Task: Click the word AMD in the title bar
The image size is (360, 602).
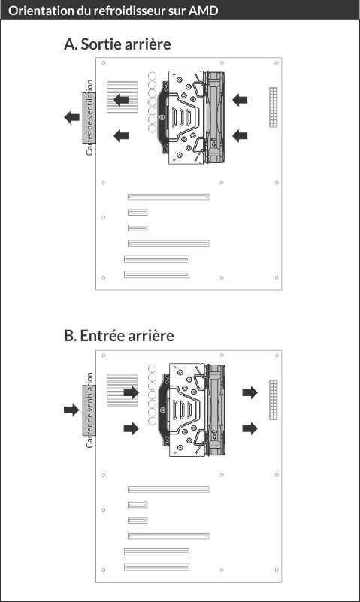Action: tap(203, 11)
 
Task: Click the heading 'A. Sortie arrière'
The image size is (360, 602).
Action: tap(117, 44)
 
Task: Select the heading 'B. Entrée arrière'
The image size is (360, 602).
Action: tap(119, 335)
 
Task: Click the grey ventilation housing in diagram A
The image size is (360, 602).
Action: tap(89, 117)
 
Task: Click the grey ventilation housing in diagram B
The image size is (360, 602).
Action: tap(89, 410)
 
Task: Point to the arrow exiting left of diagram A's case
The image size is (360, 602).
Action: tap(71, 117)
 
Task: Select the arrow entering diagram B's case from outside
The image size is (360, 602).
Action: tap(71, 410)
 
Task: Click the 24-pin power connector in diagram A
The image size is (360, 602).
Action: tap(273, 107)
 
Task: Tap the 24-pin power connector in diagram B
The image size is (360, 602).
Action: tap(273, 400)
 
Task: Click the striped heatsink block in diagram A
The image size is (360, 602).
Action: tap(122, 97)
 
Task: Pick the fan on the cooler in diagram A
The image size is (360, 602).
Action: tap(215, 117)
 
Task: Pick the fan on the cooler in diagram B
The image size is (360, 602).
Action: tap(215, 410)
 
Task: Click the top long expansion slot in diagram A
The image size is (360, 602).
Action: tap(168, 197)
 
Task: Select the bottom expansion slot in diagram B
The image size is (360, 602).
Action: tap(156, 567)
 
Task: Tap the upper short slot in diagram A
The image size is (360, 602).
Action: tap(138, 212)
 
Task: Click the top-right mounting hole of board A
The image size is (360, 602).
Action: tap(277, 62)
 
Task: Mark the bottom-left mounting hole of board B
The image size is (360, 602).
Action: tap(103, 570)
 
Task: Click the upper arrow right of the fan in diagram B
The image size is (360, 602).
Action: tap(250, 392)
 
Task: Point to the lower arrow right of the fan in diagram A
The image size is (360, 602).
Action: tap(240, 135)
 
